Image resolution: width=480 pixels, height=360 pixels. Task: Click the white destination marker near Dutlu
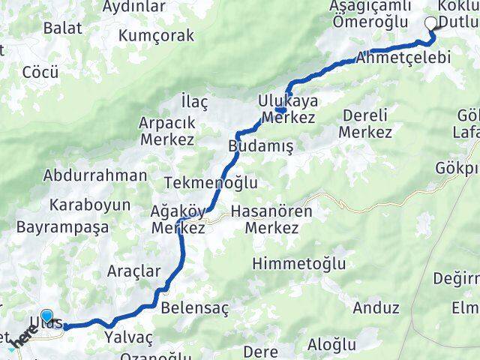tap(431, 24)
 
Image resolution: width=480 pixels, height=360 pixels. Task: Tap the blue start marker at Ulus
tap(48, 317)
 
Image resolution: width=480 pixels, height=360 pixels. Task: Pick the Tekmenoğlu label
tap(211, 183)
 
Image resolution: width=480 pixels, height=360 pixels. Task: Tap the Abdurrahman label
tap(95, 176)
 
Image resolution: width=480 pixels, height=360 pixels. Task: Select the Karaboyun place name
tap(90, 205)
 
